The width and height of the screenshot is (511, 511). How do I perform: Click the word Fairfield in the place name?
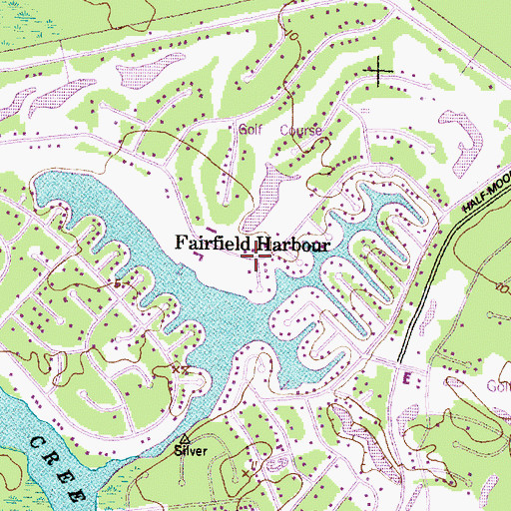coord(213,243)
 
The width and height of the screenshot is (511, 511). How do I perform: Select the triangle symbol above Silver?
coord(185,438)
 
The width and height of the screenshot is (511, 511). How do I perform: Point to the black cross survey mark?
coord(380,70)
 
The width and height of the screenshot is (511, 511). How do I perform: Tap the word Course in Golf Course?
coord(300,131)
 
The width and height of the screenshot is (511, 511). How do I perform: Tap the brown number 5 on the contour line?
coord(117,284)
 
